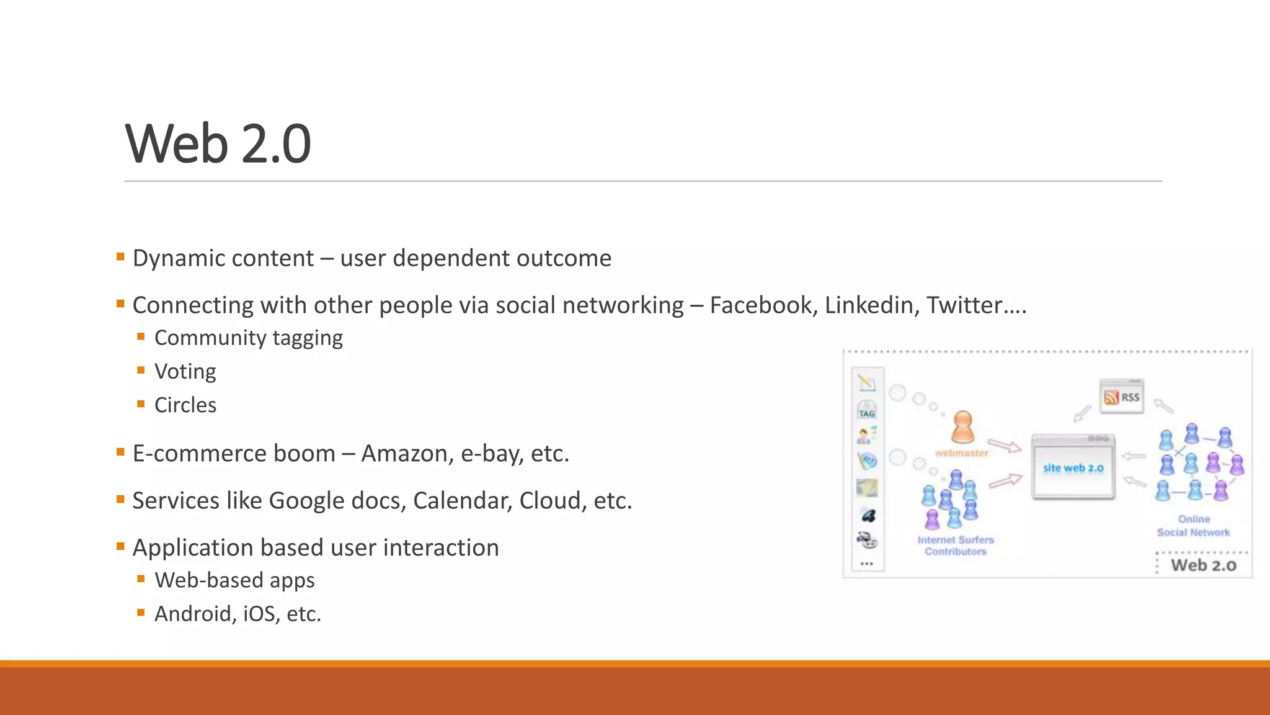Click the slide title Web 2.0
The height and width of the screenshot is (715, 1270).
218,144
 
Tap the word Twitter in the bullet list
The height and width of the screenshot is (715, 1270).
964,305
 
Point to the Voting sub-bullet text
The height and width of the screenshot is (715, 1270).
185,372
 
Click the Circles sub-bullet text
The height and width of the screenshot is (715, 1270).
185,405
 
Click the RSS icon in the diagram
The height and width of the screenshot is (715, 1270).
1122,397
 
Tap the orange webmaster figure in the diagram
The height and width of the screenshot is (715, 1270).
962,426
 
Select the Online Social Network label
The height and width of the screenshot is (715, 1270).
1193,526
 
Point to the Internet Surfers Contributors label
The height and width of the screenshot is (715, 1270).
956,546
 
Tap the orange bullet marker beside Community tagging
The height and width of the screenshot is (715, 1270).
141,337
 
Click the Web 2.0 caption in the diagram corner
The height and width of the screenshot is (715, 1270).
1203,565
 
